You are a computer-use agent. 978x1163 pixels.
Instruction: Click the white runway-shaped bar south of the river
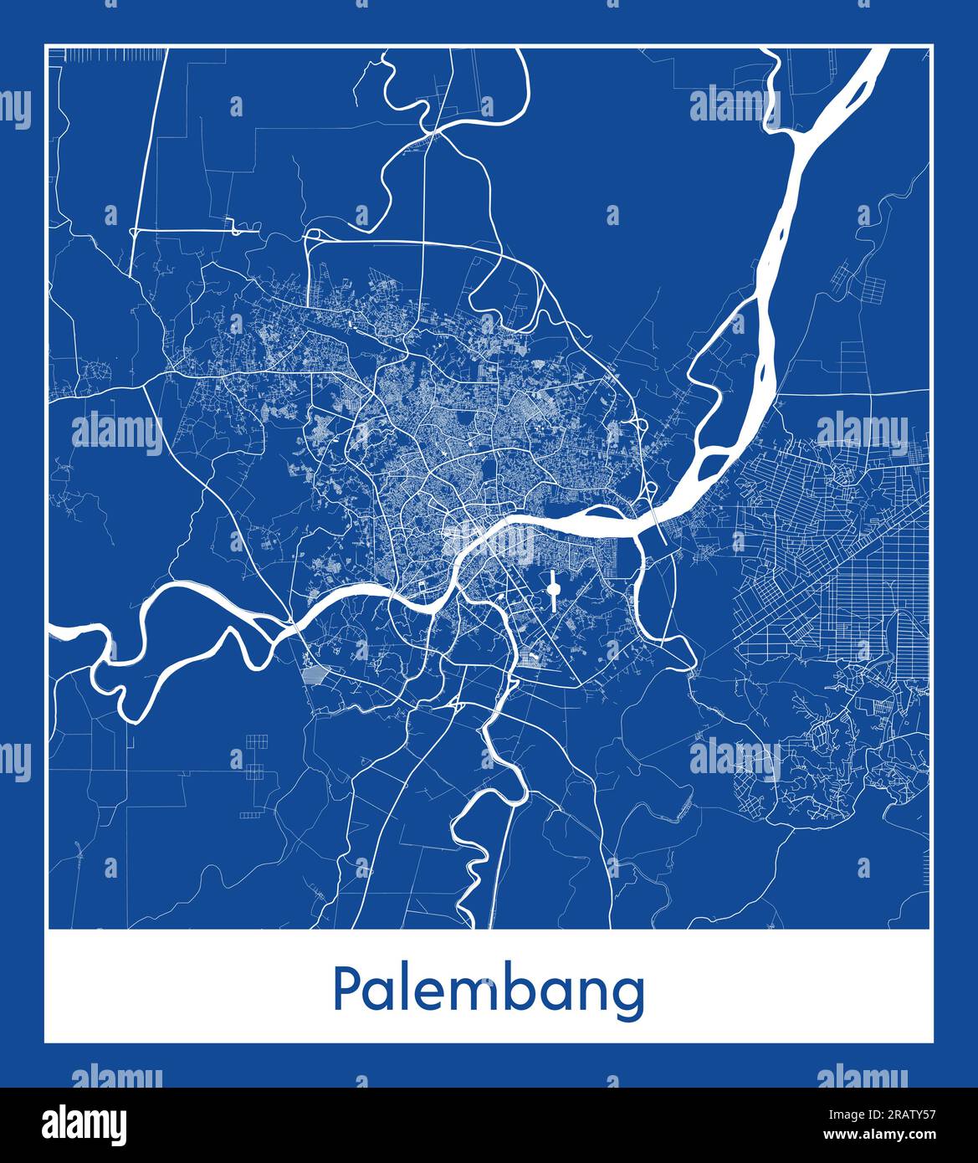[552, 591]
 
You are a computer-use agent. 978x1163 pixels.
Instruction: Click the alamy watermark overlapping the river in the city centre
[489, 542]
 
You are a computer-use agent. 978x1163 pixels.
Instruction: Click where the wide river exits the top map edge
[880, 50]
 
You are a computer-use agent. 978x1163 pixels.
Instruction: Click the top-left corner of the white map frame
[45, 44]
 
